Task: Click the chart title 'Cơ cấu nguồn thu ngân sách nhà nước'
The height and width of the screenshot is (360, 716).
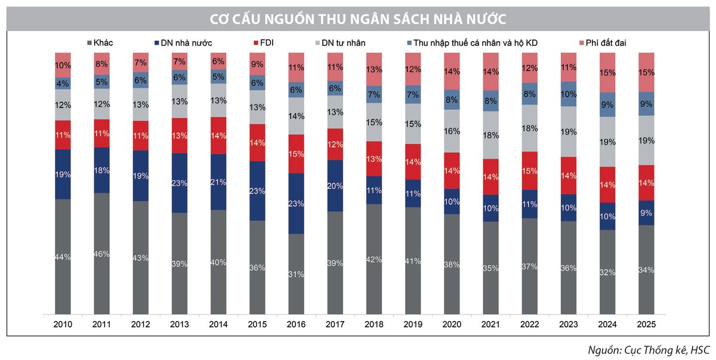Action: point(358,19)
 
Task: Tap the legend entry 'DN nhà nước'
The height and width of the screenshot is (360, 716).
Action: point(183,43)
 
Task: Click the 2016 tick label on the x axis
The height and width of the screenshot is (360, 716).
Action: point(296,325)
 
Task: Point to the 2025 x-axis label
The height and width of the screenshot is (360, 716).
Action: point(646,325)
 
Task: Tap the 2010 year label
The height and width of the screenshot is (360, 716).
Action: point(63,325)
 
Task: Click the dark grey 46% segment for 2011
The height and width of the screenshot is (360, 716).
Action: point(101,254)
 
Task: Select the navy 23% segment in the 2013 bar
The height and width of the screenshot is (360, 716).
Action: point(180,183)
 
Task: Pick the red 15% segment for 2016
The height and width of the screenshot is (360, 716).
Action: point(296,154)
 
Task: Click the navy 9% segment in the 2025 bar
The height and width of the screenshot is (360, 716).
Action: point(646,213)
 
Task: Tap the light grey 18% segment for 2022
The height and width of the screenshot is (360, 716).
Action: point(529,128)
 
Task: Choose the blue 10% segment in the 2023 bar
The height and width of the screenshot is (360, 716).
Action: point(569,94)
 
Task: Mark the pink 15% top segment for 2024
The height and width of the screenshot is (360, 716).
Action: point(607,72)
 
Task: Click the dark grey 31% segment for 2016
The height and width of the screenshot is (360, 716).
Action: point(296,273)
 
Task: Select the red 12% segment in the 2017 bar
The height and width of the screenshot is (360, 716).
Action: point(335,144)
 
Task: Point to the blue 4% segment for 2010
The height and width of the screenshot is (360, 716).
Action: point(63,84)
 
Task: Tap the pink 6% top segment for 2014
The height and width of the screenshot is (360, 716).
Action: point(218,61)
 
